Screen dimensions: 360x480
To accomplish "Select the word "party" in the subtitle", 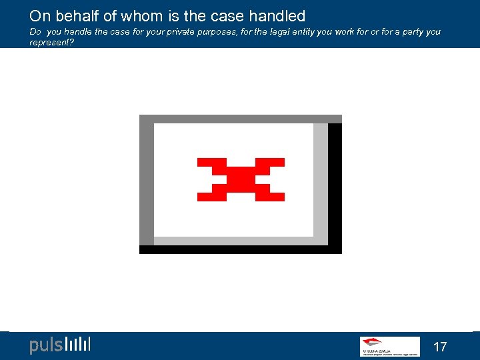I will click(x=411, y=32).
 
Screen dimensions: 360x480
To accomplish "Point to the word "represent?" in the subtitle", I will click(x=51, y=42).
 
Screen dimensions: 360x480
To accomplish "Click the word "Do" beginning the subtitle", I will click(x=35, y=32).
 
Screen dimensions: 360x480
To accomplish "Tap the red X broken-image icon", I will click(x=241, y=179).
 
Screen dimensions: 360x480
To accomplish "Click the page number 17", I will click(x=440, y=347).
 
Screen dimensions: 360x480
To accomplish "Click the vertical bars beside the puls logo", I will click(x=78, y=345).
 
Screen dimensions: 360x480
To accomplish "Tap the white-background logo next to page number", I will click(x=389, y=346).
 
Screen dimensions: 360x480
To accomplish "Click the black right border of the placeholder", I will click(x=335, y=183).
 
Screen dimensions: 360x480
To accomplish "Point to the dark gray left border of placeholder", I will click(x=146, y=180).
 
